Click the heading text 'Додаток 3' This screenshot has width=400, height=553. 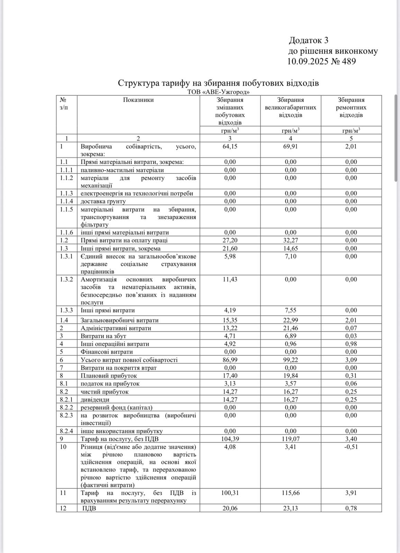(x=308, y=40)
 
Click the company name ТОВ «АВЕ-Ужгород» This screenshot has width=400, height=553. (x=218, y=92)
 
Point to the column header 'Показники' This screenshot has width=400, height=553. (x=138, y=100)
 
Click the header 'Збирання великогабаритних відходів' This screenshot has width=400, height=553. (x=290, y=107)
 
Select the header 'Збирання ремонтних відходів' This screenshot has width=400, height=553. (x=351, y=107)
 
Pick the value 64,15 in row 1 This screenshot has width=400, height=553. (x=230, y=146)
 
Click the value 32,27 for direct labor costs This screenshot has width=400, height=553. (x=290, y=240)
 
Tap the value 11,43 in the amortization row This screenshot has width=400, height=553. (x=230, y=279)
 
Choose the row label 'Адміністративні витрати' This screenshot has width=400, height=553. (x=116, y=328)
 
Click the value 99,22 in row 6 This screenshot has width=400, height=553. (x=290, y=360)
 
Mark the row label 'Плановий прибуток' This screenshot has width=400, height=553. (x=109, y=376)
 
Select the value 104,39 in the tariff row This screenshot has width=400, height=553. (x=230, y=439)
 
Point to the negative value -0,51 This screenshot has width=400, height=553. (x=351, y=447)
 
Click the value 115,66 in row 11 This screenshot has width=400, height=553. (x=290, y=493)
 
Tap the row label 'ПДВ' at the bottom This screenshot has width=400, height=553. (x=89, y=508)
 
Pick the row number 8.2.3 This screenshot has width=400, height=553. (x=66, y=415)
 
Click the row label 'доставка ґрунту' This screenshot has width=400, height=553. (x=103, y=201)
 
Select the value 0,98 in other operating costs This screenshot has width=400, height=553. (x=351, y=344)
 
